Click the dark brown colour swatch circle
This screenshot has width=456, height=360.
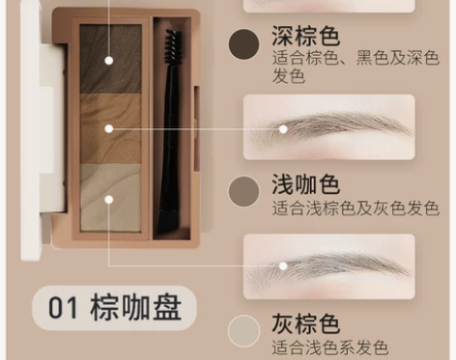pyautogui.click(x=244, y=42)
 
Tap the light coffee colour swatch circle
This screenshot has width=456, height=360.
pyautogui.click(x=244, y=189)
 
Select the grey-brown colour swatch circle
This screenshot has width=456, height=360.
pyautogui.click(x=244, y=330)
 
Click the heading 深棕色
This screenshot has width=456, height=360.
pyautogui.click(x=305, y=38)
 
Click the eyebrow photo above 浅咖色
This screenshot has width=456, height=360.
pyautogui.click(x=329, y=126)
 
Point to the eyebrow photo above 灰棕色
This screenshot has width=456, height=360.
pyautogui.click(x=329, y=264)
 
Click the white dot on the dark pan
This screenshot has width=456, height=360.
pyautogui.click(x=109, y=60)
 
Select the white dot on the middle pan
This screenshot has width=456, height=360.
pyautogui.click(x=109, y=126)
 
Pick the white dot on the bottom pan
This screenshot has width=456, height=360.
pyautogui.click(x=109, y=200)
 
